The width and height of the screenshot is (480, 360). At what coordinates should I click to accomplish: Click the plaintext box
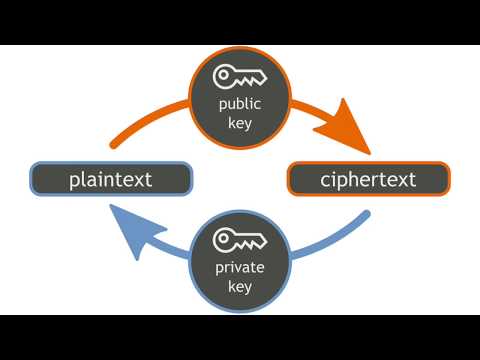pos(111,180)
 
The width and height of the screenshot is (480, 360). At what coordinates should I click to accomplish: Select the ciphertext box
pos(369,180)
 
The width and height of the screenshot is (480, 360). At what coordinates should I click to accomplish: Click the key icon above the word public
pos(240,77)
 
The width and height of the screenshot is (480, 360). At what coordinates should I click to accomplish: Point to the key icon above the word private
pos(240,241)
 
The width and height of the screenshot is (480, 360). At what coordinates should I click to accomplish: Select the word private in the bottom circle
pos(240,268)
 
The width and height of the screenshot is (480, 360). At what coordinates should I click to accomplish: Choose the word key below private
pos(240,286)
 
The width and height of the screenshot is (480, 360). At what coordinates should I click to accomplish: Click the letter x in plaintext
pos(140,181)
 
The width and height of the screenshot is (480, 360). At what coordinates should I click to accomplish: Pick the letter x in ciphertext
pos(399,181)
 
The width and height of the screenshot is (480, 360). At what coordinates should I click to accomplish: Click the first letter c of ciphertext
pos(326,181)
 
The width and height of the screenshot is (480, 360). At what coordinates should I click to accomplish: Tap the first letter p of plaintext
pos(75,183)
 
